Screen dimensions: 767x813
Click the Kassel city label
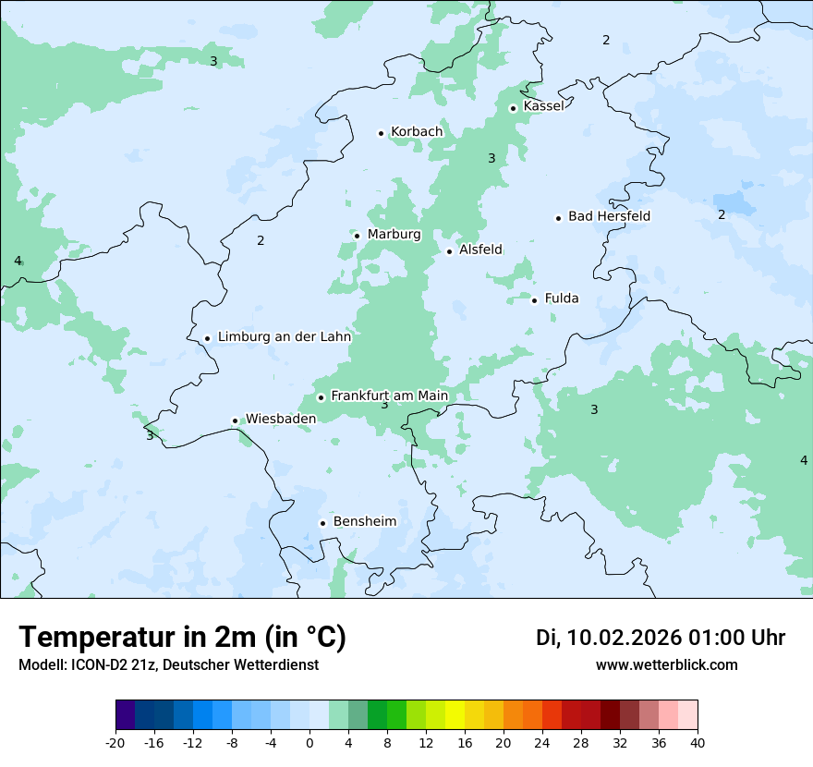pos(543,106)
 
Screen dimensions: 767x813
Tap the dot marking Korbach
pos(381,133)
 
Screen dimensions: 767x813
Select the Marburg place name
pos(394,235)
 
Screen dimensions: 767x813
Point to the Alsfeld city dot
pos(449,251)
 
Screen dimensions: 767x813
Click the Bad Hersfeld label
pos(609,216)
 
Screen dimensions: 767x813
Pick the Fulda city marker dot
pos(534,299)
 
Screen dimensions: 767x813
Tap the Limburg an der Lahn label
pos(284,337)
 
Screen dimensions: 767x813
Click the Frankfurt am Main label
pos(389,396)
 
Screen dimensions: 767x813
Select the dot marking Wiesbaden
pos(235,420)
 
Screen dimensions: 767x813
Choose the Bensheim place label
pos(364,521)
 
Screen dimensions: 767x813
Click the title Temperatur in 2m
pos(182,638)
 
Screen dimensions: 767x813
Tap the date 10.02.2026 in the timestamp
pos(624,638)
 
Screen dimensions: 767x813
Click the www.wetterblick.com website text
pos(666,665)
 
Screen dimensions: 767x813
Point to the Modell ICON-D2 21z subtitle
pos(168,665)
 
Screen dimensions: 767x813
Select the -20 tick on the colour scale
pos(115,743)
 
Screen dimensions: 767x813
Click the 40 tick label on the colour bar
pos(698,743)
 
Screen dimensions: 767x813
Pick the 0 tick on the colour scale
pos(309,743)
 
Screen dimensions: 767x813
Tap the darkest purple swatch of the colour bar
pos(126,716)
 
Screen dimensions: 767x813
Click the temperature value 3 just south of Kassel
pos(491,159)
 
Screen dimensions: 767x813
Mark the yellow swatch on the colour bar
pos(455,716)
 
